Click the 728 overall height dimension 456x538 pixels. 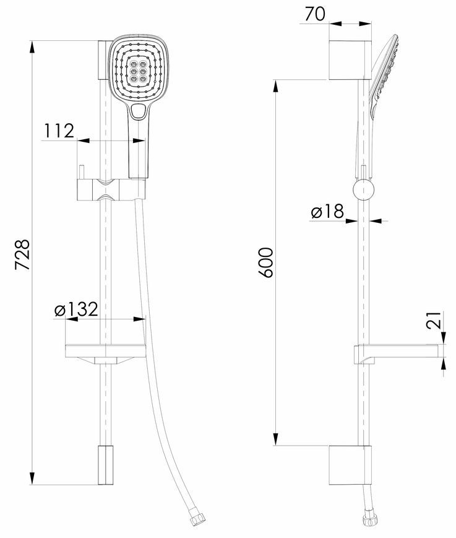tap(23, 254)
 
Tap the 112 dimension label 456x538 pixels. tap(59, 131)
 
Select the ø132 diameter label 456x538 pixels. tap(77, 309)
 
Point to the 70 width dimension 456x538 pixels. tap(315, 14)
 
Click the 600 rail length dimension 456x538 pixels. tap(266, 262)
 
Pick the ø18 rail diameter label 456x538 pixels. tap(327, 211)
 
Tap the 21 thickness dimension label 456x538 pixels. tap(434, 321)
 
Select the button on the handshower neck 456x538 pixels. tap(139, 111)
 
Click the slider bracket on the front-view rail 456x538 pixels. tap(111, 189)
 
